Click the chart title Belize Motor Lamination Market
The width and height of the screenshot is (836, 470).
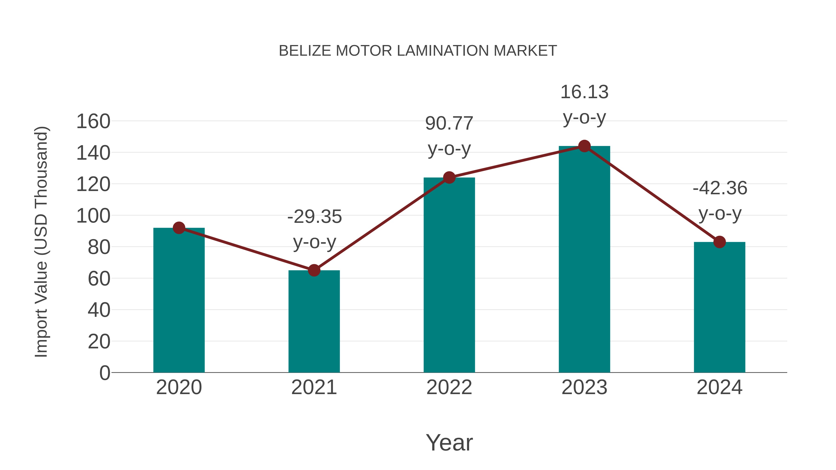tap(418, 51)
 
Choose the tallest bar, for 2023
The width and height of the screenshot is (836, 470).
tap(584, 259)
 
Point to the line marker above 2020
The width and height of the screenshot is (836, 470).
tap(179, 228)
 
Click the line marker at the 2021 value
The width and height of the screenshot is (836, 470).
tap(314, 270)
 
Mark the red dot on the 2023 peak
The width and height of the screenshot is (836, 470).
tap(584, 146)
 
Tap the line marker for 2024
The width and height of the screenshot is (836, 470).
tap(719, 242)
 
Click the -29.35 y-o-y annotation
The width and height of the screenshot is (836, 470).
tap(314, 229)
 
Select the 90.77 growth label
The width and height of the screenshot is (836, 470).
tap(449, 136)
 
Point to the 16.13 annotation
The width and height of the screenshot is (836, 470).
tap(584, 104)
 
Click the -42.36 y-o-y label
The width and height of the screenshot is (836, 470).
tap(720, 201)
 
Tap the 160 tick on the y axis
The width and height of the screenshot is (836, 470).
tap(93, 122)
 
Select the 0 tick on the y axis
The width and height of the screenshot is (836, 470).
tap(104, 373)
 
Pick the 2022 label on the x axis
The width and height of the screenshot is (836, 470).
tap(449, 387)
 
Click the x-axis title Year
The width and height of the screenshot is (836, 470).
tap(449, 442)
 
